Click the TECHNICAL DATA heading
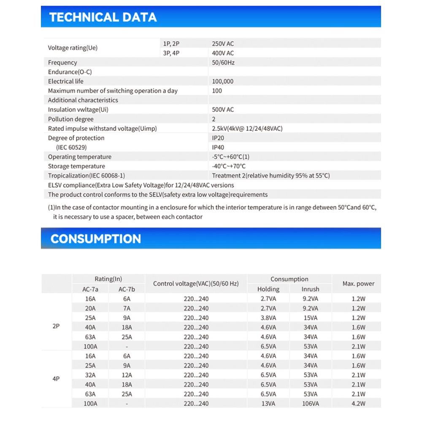click(x=103, y=17)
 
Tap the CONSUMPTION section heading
click(x=96, y=239)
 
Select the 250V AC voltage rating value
click(x=223, y=43)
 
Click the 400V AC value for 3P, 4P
click(x=223, y=53)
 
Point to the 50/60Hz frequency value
click(x=223, y=62)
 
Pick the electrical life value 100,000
click(x=223, y=81)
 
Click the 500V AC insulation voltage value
click(x=223, y=110)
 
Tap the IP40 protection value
click(x=218, y=147)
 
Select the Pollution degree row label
click(x=71, y=119)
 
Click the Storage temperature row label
click(x=76, y=166)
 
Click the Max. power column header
click(x=358, y=284)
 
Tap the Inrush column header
click(x=310, y=289)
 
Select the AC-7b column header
click(x=126, y=289)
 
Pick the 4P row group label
click(x=56, y=379)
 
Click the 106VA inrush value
click(x=310, y=404)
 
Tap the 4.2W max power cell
click(x=358, y=404)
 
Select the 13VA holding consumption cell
click(x=268, y=404)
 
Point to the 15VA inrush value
click(x=310, y=318)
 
